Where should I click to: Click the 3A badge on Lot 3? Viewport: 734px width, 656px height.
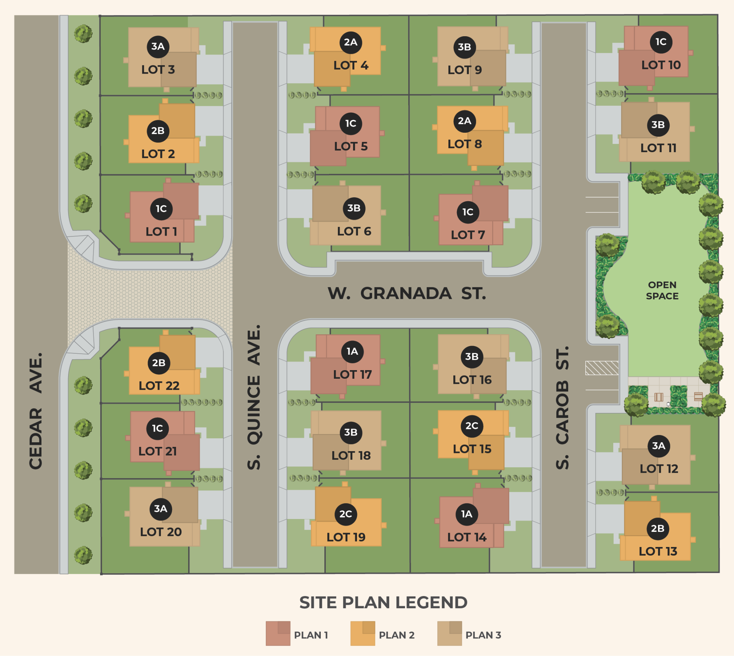(158, 47)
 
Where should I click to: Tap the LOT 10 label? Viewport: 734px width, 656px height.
(661, 65)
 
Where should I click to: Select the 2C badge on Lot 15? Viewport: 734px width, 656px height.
(471, 426)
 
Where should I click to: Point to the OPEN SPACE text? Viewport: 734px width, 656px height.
(662, 291)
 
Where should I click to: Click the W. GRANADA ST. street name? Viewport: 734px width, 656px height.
(407, 293)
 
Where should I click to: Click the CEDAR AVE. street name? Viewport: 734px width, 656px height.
(35, 411)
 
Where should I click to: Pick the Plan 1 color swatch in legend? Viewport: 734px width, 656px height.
(278, 633)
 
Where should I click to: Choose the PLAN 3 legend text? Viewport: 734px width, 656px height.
(483, 635)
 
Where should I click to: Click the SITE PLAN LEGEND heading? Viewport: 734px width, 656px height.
(383, 603)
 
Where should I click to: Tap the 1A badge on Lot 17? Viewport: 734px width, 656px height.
(352, 351)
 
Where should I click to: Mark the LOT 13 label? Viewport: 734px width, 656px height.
(658, 552)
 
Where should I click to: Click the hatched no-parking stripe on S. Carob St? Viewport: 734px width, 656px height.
(601, 368)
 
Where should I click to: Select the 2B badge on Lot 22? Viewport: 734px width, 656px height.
(158, 363)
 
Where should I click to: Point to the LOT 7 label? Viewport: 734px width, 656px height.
(467, 235)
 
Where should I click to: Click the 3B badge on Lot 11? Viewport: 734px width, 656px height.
(658, 125)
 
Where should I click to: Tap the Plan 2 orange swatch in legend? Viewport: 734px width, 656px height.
(362, 633)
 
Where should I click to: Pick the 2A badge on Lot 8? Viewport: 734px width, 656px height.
(464, 121)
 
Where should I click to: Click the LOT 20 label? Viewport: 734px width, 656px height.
(161, 532)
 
